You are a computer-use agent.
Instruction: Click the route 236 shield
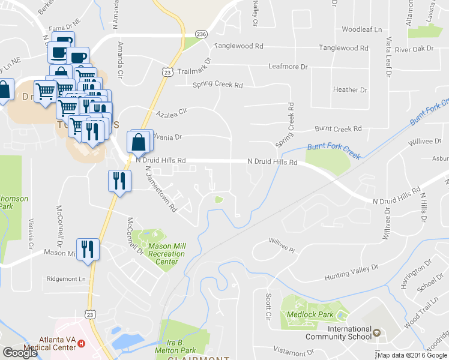click(x=200, y=35)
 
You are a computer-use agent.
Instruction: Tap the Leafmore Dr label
click(x=288, y=67)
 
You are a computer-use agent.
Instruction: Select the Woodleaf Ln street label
click(x=361, y=29)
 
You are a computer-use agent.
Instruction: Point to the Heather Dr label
click(x=349, y=89)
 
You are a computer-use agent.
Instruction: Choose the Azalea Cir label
click(x=172, y=112)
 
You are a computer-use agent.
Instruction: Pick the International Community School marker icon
click(x=376, y=332)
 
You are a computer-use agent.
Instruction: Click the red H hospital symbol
click(x=80, y=344)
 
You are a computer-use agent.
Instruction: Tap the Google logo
click(x=20, y=353)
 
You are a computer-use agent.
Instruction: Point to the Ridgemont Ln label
click(x=67, y=279)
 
